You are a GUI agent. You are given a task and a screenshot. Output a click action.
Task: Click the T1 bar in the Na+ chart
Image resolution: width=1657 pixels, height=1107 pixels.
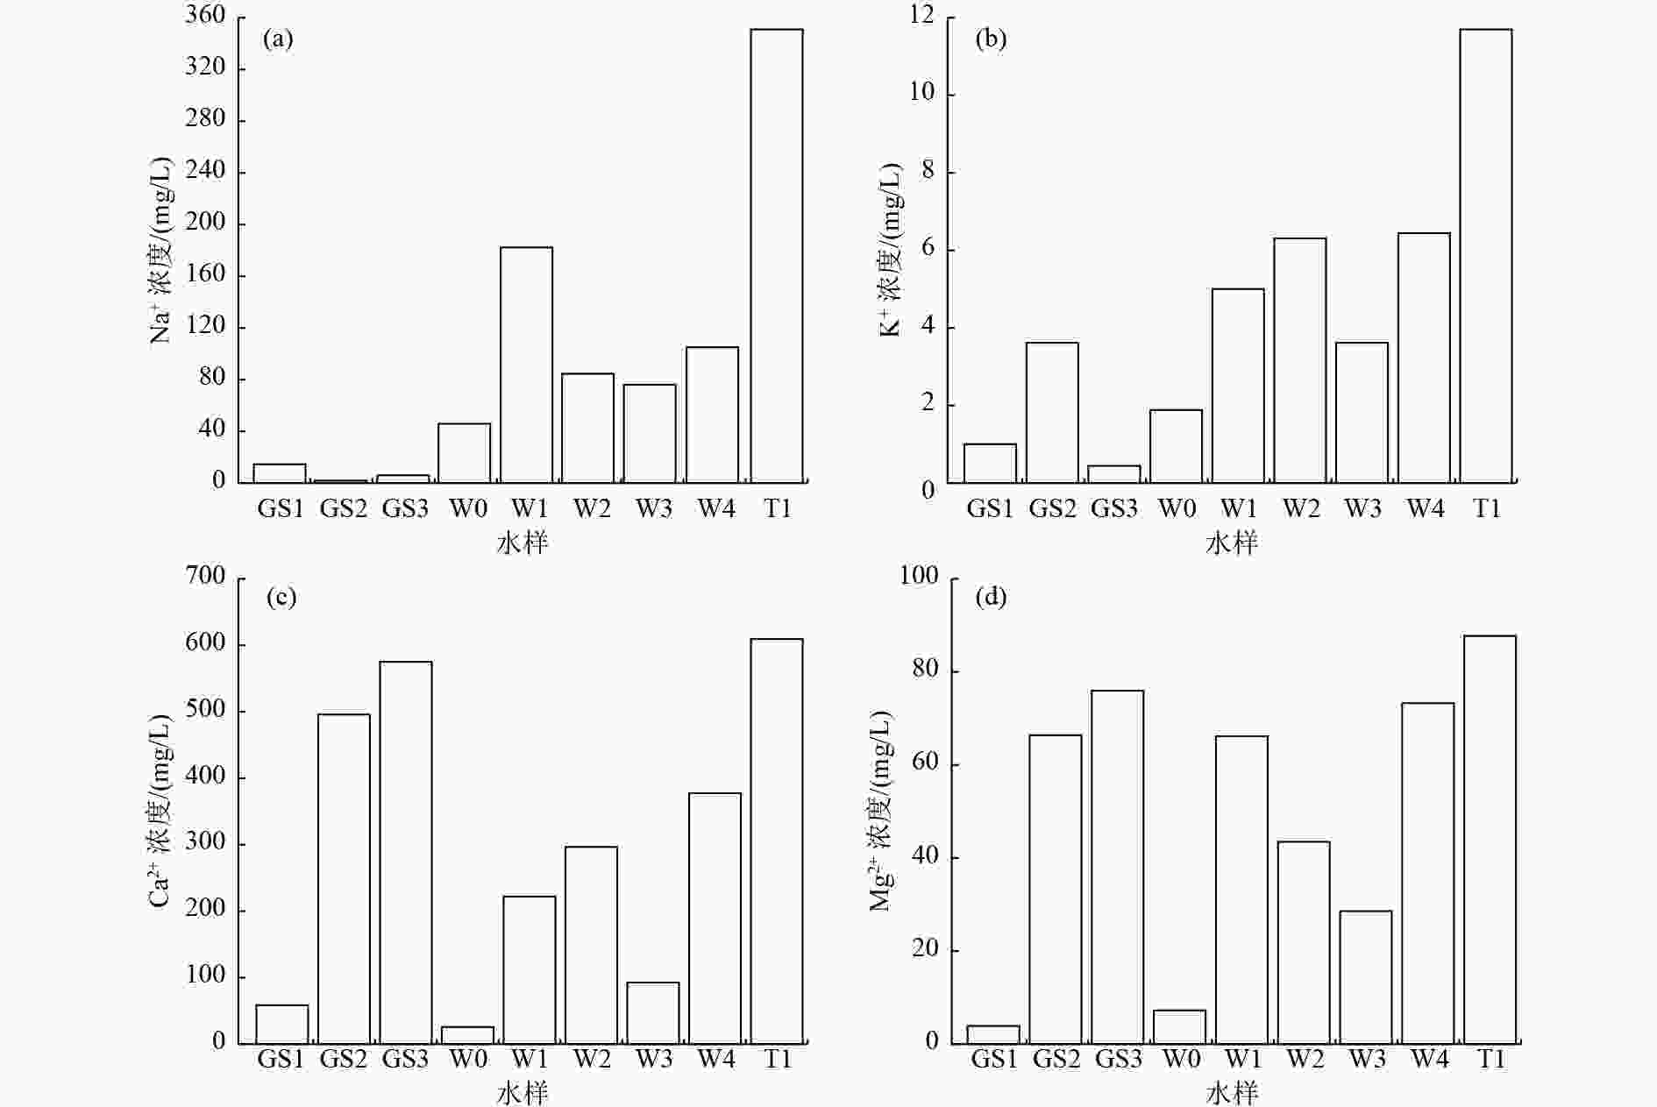(777, 255)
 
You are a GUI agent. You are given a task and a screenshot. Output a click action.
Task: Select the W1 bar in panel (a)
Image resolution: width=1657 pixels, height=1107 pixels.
(526, 364)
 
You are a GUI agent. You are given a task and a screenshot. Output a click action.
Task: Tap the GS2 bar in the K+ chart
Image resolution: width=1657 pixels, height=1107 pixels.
(1052, 412)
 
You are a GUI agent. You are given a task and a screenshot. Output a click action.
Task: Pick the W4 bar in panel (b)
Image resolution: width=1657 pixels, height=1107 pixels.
(1424, 357)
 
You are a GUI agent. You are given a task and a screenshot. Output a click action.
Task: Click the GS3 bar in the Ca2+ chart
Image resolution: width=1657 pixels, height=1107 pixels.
(405, 851)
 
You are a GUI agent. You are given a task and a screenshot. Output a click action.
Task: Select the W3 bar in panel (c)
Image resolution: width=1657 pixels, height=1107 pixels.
(653, 1012)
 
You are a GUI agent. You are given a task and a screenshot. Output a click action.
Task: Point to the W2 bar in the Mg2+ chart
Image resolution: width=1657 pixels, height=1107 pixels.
(1304, 941)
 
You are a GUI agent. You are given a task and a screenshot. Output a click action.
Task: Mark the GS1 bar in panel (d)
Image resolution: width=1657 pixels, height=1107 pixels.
(993, 1034)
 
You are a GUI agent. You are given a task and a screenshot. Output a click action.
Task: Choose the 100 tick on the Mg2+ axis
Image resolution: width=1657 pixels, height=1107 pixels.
(919, 577)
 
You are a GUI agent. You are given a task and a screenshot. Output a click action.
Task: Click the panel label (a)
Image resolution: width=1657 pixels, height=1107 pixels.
(278, 39)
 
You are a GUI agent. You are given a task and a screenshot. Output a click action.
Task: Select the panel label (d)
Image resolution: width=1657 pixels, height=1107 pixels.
(991, 598)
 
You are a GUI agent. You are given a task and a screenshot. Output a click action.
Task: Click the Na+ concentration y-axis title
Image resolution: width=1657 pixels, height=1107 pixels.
(161, 250)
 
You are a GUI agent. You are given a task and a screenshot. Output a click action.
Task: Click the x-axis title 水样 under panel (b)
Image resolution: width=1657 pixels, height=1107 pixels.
(1231, 543)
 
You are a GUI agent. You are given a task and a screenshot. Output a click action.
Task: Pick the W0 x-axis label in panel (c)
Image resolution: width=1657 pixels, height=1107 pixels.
(468, 1059)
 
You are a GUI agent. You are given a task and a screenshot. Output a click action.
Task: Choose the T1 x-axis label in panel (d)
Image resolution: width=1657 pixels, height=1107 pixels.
(1490, 1059)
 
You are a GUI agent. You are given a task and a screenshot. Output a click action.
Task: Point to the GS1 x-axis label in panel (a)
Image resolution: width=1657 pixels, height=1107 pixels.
(280, 507)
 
